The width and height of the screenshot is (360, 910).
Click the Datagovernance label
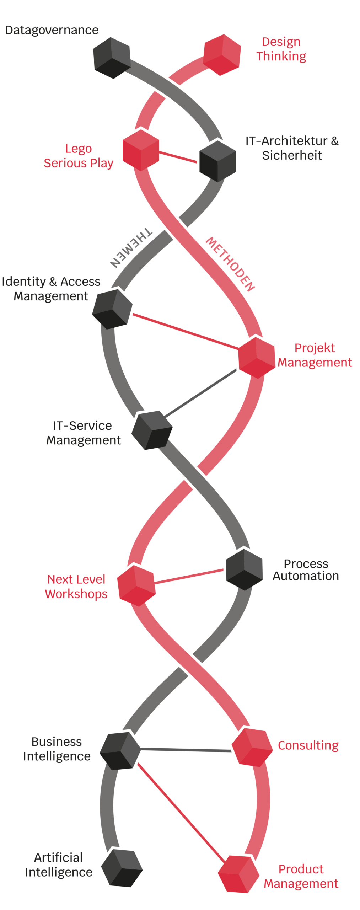click(x=52, y=30)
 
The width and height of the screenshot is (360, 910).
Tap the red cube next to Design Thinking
click(x=222, y=55)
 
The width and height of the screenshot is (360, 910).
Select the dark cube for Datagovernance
click(x=112, y=58)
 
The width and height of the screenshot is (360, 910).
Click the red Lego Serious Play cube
click(x=141, y=150)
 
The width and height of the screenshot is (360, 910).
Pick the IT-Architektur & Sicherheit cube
click(x=217, y=161)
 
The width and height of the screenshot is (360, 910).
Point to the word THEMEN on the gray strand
click(x=131, y=247)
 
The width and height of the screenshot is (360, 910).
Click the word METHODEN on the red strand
click(x=230, y=264)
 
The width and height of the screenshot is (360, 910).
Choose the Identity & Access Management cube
click(x=112, y=308)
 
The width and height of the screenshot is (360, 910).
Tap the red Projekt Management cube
click(x=256, y=357)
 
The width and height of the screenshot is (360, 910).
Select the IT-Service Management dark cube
click(x=152, y=430)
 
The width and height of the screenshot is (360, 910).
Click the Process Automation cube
click(x=244, y=569)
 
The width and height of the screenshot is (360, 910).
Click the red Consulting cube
click(x=252, y=746)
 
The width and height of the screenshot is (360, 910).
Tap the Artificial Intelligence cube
click(x=122, y=868)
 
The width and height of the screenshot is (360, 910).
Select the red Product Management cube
click(x=238, y=874)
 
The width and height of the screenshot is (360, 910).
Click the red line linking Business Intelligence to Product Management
click(x=180, y=812)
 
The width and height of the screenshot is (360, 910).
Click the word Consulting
click(x=308, y=745)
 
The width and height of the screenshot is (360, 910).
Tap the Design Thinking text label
click(x=281, y=49)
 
